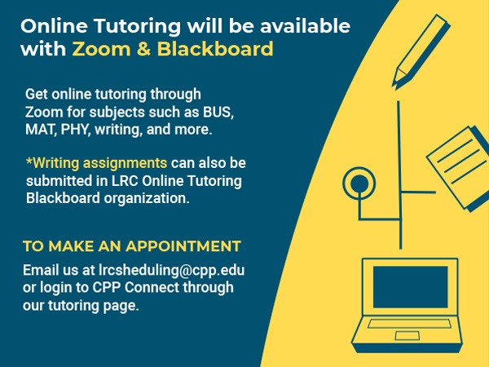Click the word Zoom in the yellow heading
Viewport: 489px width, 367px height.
tap(101, 49)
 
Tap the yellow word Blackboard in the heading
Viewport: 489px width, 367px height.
tap(215, 49)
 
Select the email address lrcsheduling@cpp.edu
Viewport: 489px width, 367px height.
tap(171, 270)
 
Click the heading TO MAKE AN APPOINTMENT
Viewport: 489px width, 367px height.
tap(132, 246)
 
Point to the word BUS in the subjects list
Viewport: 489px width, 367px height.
tap(218, 112)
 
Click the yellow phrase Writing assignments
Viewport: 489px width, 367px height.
tap(97, 163)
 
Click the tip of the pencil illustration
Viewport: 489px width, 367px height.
tap(394, 85)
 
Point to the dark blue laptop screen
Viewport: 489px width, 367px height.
tap(411, 287)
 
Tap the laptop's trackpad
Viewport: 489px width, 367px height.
tap(407, 336)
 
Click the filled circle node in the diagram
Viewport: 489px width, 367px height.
tap(359, 183)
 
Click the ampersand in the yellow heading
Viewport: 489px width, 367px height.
tap(143, 49)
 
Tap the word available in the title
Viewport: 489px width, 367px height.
tap(305, 25)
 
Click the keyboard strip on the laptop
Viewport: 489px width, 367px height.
tap(409, 324)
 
